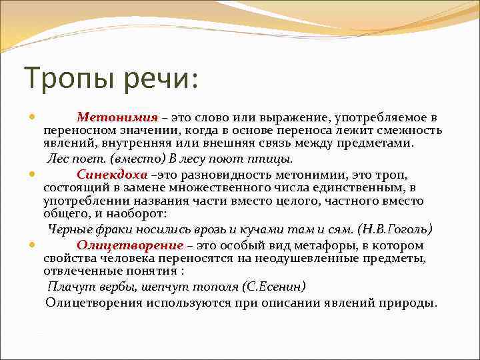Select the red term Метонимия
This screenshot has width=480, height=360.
[117, 117]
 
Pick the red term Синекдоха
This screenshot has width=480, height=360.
[111, 174]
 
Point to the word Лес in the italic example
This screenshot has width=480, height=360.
[57, 159]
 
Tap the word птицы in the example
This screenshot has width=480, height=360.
[275, 159]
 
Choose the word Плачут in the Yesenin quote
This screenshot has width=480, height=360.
[67, 286]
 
